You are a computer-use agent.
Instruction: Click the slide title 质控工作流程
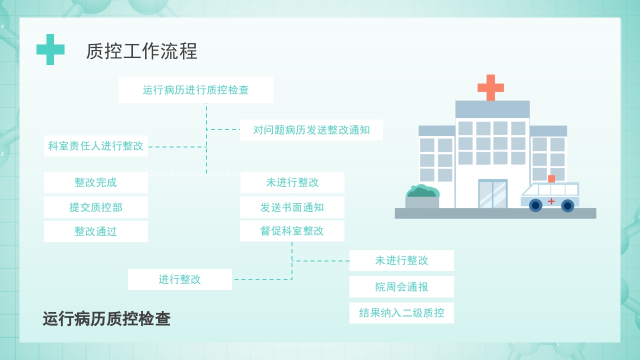coord(141,51)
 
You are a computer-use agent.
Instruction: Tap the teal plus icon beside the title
coord(50,49)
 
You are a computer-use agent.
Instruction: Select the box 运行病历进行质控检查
coord(195,90)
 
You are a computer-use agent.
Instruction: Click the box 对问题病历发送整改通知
coord(311,130)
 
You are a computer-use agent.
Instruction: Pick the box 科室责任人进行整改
coord(95,146)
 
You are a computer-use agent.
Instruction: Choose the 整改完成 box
coord(95,182)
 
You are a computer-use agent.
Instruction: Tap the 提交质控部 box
coord(95,207)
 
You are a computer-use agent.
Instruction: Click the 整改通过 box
coord(95,231)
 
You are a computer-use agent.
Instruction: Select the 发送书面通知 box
coord(292,207)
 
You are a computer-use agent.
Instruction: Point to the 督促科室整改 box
coord(292,231)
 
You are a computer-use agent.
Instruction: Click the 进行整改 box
coord(179,279)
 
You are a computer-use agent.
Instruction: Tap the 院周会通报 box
coord(401,287)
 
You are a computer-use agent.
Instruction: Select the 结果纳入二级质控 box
coord(401,313)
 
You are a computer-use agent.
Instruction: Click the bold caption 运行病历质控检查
coord(106,319)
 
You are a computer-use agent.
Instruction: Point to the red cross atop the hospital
coord(490,87)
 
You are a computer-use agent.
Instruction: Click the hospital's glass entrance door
coord(492,194)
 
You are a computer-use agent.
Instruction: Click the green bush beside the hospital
coord(422,191)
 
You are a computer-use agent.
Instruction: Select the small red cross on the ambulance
coord(551,201)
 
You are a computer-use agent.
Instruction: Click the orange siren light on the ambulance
coord(551,178)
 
